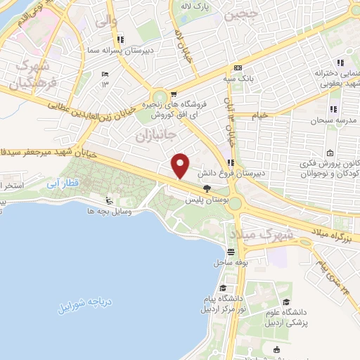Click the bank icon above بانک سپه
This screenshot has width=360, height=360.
point(238,68)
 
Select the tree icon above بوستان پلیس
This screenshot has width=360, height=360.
point(206,188)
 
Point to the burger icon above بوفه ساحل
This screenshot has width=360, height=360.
point(231,251)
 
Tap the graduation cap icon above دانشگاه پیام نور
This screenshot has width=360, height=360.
point(223,288)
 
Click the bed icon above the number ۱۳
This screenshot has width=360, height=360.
point(105,75)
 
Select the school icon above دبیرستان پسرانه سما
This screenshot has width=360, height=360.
point(121,39)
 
